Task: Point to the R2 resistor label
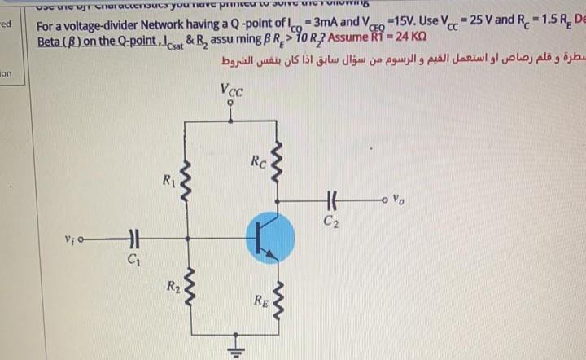point(173,286)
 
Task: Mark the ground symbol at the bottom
point(237,345)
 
